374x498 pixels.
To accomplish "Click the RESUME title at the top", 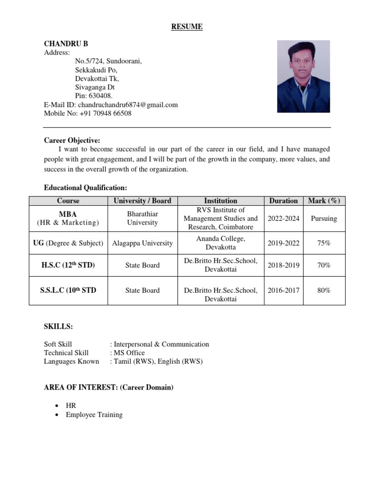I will coord(187,27).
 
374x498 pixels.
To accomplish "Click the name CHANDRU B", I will coord(66,44).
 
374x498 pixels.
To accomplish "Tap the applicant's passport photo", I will coord(303,76).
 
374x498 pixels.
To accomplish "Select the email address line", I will coord(111,105).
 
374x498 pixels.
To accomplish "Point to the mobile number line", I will coord(88,113).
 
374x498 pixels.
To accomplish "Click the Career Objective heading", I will coord(72,141).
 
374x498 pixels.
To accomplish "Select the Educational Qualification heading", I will coord(86,187).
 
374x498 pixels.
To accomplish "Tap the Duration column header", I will coord(283,201).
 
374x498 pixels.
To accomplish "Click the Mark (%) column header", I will coord(324,201).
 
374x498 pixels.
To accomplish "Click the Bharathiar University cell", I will coord(143,218).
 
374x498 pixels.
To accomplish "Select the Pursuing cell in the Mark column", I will coord(324,218).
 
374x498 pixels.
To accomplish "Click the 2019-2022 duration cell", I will coord(283,243).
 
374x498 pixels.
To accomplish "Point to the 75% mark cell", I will coord(324,243).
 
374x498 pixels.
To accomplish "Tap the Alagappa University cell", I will coord(143,243).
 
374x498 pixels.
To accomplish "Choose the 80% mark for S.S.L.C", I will coord(324,290).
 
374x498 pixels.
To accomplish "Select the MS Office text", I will coord(129,353).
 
